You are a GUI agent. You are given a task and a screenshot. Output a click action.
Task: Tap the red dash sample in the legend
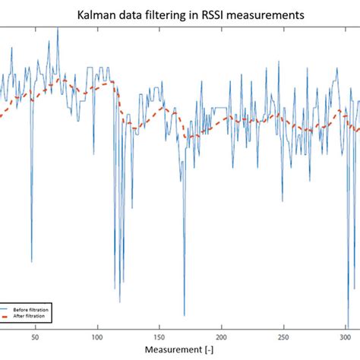(7, 316)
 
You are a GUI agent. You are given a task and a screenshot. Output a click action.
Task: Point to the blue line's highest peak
(58, 29)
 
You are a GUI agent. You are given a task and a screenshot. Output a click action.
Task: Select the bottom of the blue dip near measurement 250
(282, 202)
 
